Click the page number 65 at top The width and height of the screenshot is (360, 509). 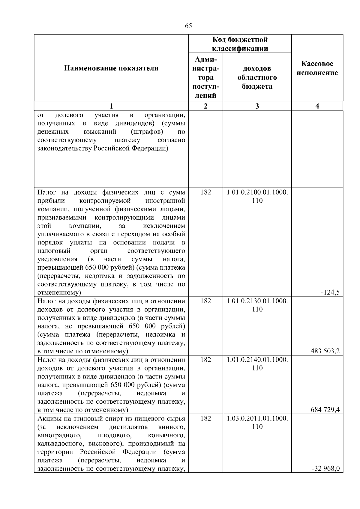[188, 26]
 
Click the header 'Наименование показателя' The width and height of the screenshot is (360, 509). [111, 68]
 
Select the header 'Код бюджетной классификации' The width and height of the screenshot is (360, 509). [240, 44]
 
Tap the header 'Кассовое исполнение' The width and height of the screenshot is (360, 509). [317, 68]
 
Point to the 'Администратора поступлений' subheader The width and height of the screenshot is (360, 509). [205, 77]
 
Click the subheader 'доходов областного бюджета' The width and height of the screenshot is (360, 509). [257, 77]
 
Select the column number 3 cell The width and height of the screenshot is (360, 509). [257, 106]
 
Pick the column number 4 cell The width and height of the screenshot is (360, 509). [317, 106]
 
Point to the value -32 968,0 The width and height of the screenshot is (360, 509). [326, 469]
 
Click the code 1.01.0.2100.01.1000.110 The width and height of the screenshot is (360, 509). [257, 196]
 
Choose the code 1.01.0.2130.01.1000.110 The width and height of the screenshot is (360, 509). [257, 305]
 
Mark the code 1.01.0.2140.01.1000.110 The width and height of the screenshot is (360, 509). [257, 364]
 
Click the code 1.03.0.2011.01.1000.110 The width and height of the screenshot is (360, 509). [257, 423]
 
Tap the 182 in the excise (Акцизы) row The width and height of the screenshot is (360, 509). [205, 418]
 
